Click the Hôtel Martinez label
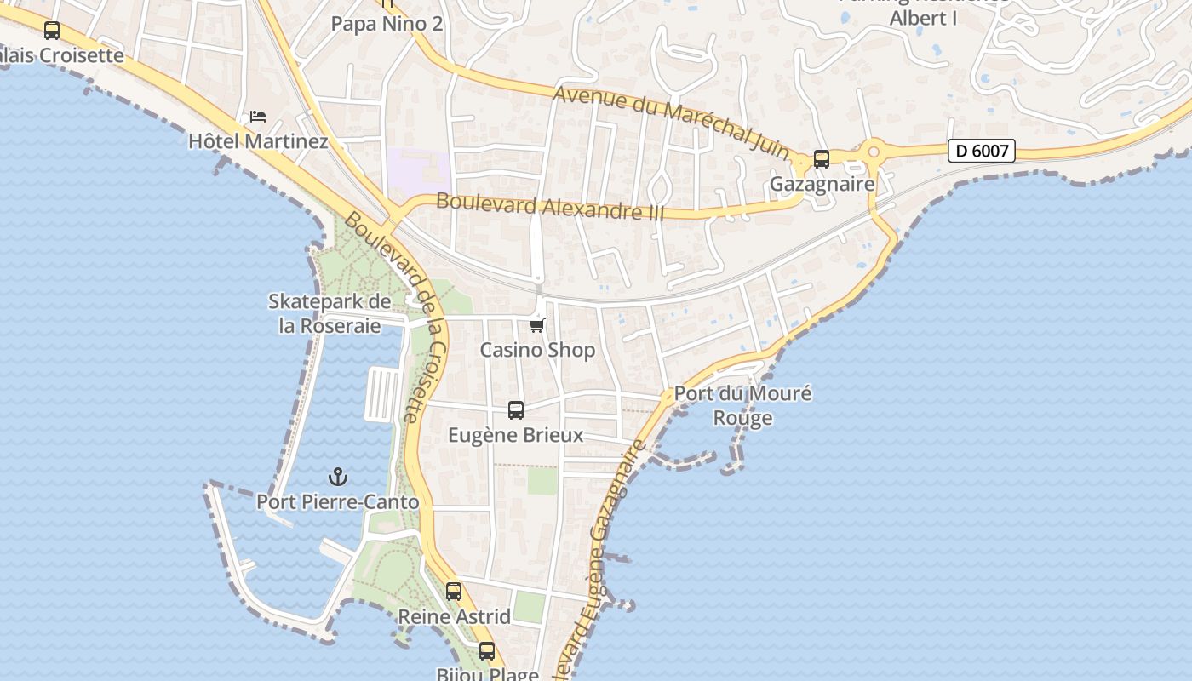tap(258, 140)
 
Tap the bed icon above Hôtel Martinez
tap(258, 117)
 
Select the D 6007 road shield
tap(982, 151)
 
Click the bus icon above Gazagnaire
tap(822, 159)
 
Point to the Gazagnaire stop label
tap(822, 184)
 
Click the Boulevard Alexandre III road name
tap(549, 207)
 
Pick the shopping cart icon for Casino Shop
tap(537, 325)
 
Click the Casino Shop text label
tap(537, 350)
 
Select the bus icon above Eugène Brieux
tap(516, 410)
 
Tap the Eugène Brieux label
tap(516, 435)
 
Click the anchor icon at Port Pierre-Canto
tap(339, 477)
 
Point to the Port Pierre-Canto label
tap(338, 502)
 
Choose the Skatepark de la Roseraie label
tap(330, 313)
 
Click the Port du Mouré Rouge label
tap(742, 405)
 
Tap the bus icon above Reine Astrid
tap(454, 592)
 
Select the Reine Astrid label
tap(455, 616)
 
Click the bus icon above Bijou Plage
tap(487, 651)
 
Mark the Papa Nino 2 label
tap(387, 24)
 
